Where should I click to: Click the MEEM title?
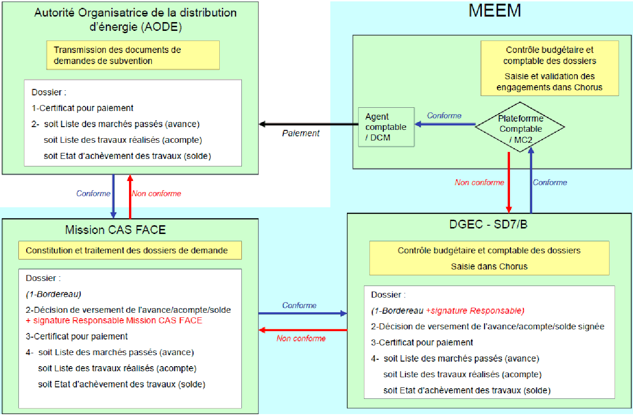click(x=494, y=11)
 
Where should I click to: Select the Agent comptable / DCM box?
click(x=386, y=127)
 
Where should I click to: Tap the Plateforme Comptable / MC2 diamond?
click(x=520, y=128)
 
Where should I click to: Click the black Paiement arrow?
click(x=309, y=124)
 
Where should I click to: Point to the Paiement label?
click(x=300, y=133)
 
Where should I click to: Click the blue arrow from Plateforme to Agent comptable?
click(x=445, y=124)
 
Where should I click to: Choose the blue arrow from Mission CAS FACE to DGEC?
click(x=302, y=313)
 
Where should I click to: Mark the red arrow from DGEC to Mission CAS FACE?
click(x=302, y=330)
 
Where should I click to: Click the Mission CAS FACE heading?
click(x=115, y=230)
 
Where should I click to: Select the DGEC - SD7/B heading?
click(x=488, y=224)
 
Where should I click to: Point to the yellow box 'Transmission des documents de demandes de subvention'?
click(x=133, y=55)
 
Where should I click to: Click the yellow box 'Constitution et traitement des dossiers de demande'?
click(x=129, y=251)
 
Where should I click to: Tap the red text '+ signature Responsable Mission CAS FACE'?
click(x=114, y=321)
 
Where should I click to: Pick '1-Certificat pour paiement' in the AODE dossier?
click(x=82, y=108)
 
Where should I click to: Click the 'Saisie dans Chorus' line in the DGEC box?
click(x=489, y=267)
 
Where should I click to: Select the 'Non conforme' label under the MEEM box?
click(x=479, y=182)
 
